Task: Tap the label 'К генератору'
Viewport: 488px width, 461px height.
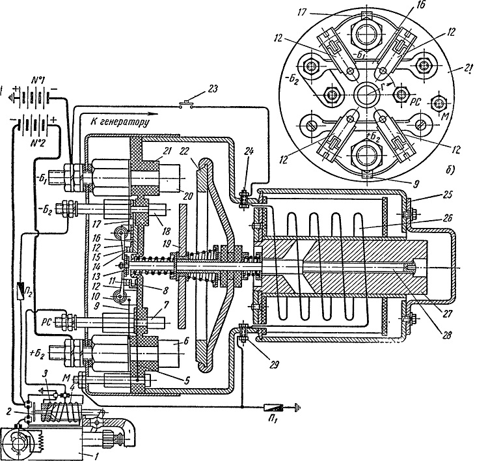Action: (x=120, y=122)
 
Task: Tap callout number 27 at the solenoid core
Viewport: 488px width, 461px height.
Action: (x=448, y=313)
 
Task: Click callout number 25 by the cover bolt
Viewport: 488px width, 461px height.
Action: (x=447, y=195)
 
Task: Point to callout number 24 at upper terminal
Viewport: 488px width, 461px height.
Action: (x=249, y=152)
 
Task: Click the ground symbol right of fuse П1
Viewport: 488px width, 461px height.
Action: (x=297, y=408)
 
